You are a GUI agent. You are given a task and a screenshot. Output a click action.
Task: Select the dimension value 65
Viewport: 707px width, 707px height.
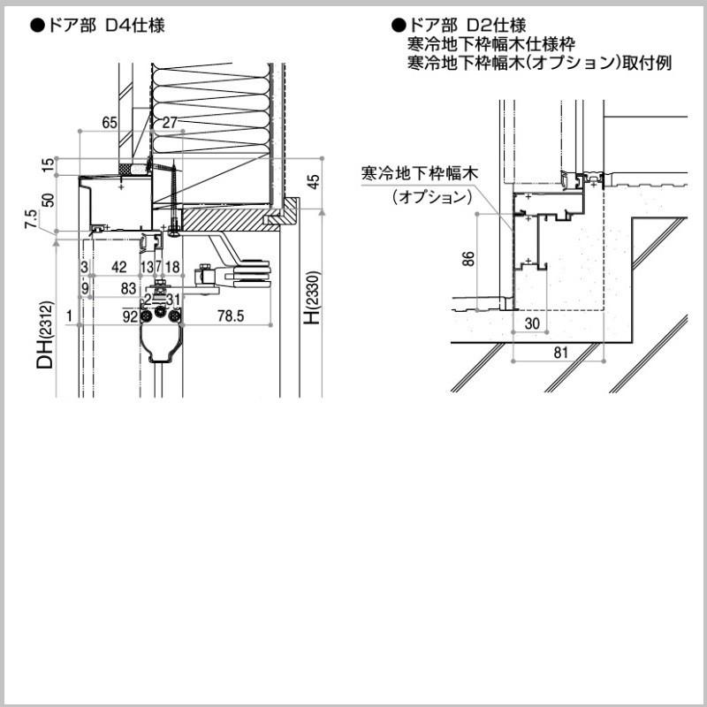coord(110,123)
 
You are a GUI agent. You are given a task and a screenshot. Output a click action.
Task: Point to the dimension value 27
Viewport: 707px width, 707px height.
coord(170,123)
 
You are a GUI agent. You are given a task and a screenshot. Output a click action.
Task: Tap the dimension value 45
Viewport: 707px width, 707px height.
coord(314,183)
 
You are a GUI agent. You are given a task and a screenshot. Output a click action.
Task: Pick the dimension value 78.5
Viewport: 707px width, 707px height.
coord(232,315)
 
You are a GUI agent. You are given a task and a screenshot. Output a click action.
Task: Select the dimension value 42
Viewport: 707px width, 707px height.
coord(119,267)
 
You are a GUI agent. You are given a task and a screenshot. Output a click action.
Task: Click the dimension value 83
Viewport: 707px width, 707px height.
coord(128,288)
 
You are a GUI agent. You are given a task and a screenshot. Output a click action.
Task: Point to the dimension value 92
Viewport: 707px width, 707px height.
coord(130,315)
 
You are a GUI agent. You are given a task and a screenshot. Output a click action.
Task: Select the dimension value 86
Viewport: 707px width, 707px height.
coord(469,259)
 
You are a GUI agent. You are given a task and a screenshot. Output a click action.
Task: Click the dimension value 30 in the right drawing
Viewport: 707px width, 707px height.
coord(531,324)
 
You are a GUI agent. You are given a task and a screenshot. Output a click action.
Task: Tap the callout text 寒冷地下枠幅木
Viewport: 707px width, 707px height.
coord(419,173)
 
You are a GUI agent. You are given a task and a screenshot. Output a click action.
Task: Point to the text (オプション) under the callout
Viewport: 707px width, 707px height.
coord(430,197)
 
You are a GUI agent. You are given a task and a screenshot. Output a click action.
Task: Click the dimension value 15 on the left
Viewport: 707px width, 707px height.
coord(49,164)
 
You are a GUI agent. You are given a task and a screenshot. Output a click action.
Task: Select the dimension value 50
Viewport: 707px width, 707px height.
coord(49,201)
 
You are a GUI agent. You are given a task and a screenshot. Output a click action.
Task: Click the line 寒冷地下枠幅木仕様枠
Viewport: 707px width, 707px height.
coord(491,44)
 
